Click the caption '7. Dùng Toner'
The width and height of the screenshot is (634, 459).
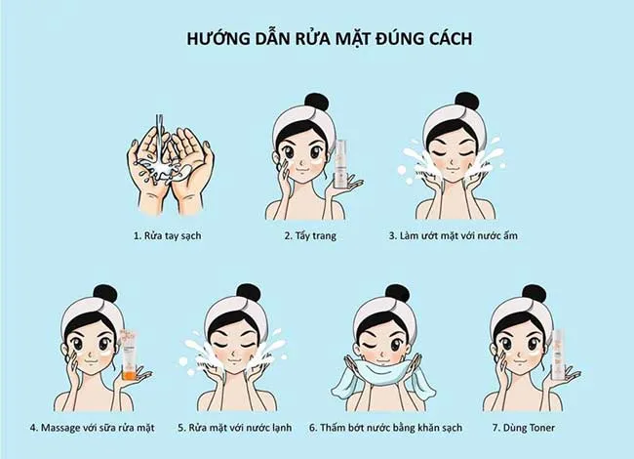pyautogui.click(x=526, y=427)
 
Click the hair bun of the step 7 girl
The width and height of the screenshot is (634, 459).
pyautogui.click(x=533, y=292)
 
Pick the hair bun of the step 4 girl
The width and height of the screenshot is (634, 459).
pyautogui.click(x=104, y=292)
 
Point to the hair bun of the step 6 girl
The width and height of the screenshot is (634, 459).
pyautogui.click(x=396, y=292)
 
